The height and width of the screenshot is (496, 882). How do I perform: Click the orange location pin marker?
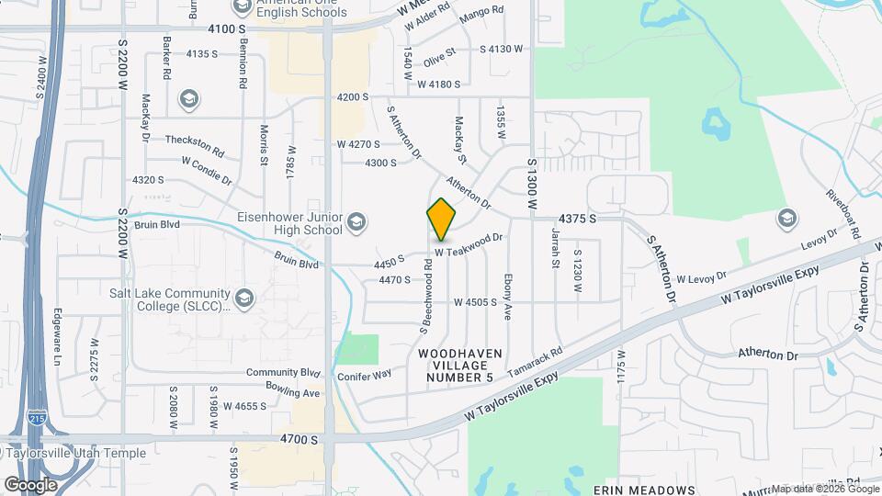pyautogui.click(x=442, y=220)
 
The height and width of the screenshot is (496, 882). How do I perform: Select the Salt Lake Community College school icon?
pyautogui.click(x=244, y=297)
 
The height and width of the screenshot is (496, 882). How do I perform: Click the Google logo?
pyautogui.click(x=29, y=484)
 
